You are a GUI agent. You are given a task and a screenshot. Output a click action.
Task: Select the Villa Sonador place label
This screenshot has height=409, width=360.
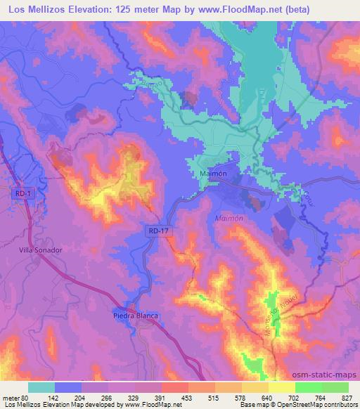tap(41, 249)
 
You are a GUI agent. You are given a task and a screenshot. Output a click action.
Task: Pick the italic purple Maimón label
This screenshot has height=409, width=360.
tap(229, 219)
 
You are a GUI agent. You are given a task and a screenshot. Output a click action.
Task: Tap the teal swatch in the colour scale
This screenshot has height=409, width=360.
tap(41, 387)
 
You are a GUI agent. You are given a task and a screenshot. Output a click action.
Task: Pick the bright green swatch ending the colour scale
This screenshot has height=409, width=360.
tap(335, 387)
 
